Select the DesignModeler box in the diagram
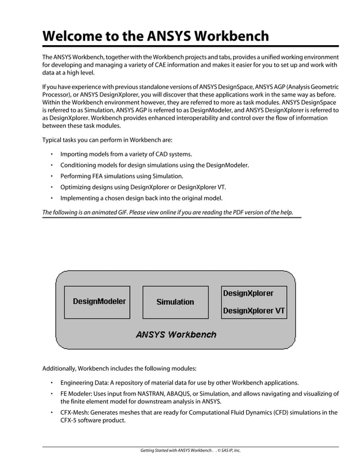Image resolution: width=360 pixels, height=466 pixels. point(99,301)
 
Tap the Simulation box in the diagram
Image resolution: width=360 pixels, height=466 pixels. point(175,302)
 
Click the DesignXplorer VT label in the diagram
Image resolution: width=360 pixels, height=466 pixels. point(254,311)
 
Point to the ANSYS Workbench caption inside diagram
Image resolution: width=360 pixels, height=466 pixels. point(175,334)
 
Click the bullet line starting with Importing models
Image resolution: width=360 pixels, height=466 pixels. point(126,154)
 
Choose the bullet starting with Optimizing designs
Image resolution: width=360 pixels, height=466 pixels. point(143,187)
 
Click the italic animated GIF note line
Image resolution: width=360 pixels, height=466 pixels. point(168,213)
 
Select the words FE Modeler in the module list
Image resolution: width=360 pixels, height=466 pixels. point(77,393)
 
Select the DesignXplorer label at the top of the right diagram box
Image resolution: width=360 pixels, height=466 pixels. point(248,293)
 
